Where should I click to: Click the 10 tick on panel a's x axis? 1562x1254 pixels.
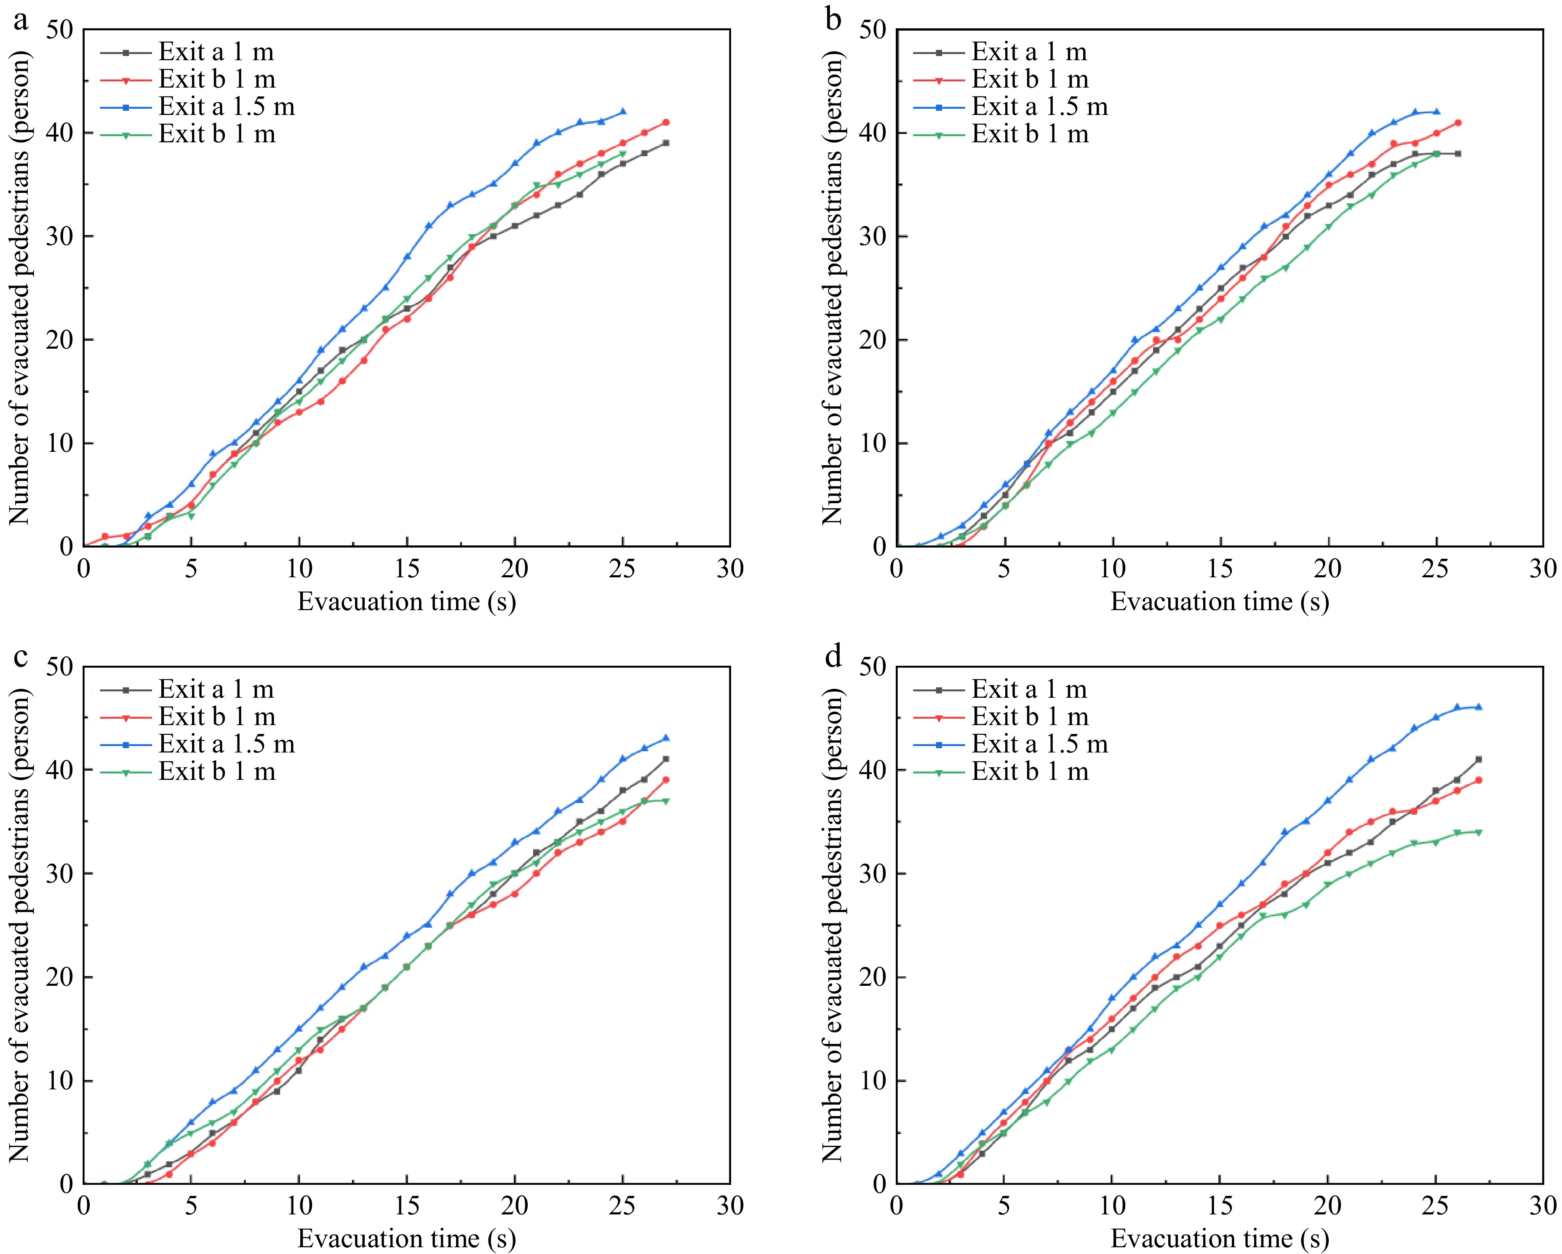tap(299, 569)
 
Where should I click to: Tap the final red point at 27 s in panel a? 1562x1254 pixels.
tap(666, 123)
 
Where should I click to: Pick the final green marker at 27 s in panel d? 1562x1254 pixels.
tap(1479, 832)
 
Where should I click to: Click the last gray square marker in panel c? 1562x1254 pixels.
tap(666, 759)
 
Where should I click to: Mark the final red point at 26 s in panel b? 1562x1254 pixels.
tap(1458, 123)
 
